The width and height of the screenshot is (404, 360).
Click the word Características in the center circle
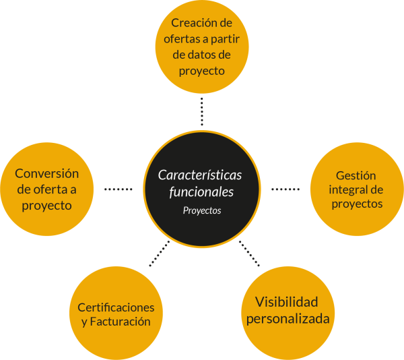(200, 175)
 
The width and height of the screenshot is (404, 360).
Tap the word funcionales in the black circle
(201, 192)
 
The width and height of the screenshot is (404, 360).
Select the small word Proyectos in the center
(202, 210)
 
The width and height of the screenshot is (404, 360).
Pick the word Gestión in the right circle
(356, 175)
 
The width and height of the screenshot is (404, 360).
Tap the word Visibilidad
(287, 302)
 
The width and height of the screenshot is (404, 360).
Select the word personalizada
(288, 318)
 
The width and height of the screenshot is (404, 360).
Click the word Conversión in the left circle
(47, 174)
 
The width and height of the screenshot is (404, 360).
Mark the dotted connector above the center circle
(201, 111)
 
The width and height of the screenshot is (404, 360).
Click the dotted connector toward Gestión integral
(285, 189)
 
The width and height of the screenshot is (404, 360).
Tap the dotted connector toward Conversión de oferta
(119, 189)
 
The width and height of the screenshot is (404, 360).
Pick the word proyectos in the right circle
(357, 204)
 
